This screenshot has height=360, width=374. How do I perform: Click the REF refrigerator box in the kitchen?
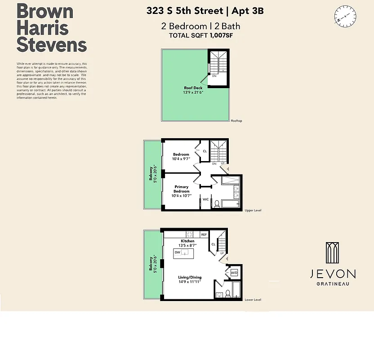(204, 234)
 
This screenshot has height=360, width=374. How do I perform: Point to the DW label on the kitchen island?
(178, 252)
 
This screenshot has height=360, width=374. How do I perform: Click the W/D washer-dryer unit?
(234, 273)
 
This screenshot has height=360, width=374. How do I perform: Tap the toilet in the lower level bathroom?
(228, 294)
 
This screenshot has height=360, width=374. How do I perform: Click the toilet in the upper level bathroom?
(217, 203)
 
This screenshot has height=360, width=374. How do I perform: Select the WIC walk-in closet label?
(205, 199)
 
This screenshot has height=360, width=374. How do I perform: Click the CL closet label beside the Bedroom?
(205, 151)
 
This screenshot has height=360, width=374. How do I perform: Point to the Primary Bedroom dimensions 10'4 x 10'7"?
(182, 195)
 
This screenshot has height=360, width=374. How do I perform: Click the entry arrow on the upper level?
(227, 169)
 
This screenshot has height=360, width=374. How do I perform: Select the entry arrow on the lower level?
(227, 259)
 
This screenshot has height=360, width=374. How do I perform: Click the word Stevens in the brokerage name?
(52, 45)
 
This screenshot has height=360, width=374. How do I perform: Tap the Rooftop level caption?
(236, 121)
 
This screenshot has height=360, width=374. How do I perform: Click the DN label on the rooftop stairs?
(214, 76)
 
